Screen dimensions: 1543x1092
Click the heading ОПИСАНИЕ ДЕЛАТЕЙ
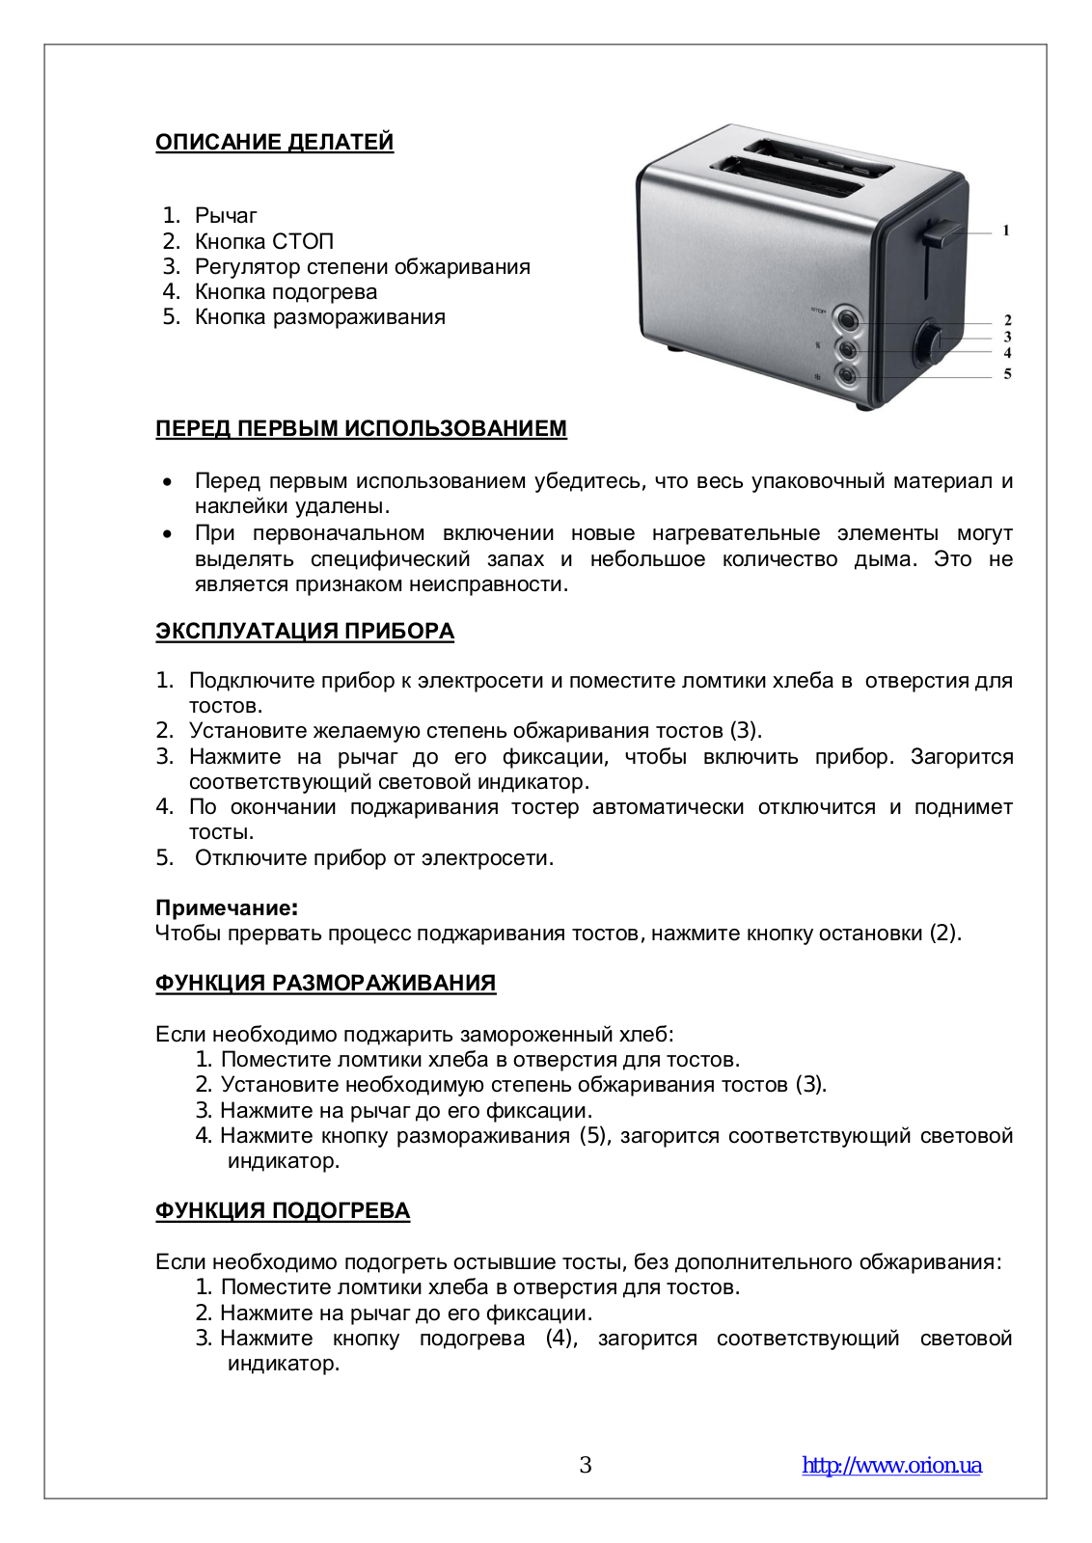(x=274, y=142)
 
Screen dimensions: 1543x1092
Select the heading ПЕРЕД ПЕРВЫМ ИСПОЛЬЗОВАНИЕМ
(x=361, y=428)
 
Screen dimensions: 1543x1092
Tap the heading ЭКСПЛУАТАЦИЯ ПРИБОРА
(x=304, y=631)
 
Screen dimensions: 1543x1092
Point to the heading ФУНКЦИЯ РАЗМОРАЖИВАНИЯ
(x=325, y=983)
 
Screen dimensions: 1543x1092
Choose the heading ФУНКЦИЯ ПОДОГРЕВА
(x=282, y=1210)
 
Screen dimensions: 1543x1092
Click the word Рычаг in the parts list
(x=226, y=215)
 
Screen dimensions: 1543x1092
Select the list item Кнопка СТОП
(x=263, y=241)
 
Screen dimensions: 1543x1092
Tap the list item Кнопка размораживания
(x=319, y=316)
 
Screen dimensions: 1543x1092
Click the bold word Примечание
(x=226, y=907)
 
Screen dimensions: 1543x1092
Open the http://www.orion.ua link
(x=891, y=1465)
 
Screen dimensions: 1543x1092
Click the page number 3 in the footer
(x=585, y=1465)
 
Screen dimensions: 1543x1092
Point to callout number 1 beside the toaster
(x=1005, y=230)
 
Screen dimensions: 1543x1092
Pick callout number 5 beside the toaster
(x=1007, y=373)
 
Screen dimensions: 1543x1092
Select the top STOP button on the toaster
(x=847, y=318)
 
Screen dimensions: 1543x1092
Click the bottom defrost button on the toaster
(x=847, y=376)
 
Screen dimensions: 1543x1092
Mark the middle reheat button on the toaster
(x=847, y=347)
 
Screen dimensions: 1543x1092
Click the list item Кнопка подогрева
(x=286, y=291)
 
